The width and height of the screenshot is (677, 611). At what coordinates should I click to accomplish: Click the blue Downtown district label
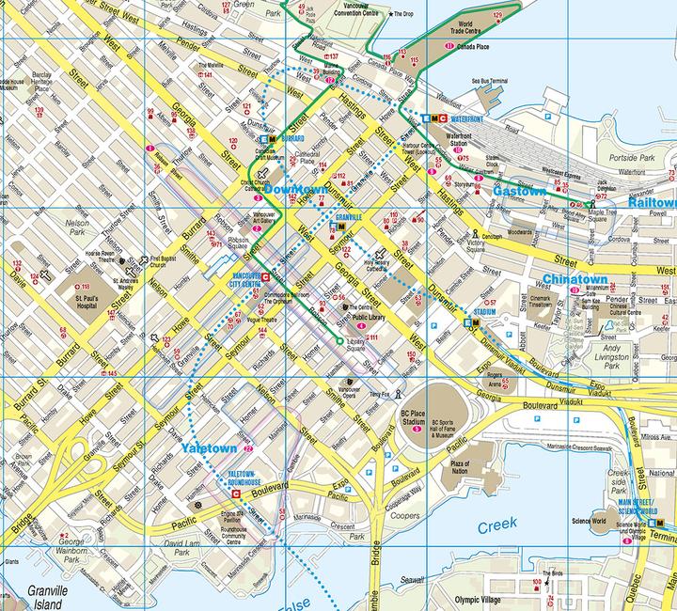pos(296,190)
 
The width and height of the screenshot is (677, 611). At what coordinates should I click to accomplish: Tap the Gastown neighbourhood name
pos(520,191)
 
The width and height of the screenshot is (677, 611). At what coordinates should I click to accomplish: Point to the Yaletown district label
pos(209,448)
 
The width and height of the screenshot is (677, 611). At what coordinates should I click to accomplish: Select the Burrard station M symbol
pos(273,138)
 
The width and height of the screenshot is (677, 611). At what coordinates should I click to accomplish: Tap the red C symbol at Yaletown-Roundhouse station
pos(235,491)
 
